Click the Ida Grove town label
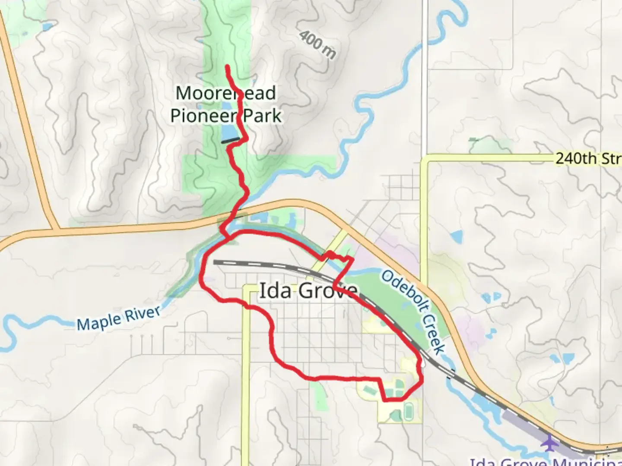[x=308, y=291]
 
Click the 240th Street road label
[x=587, y=158]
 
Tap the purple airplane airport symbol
[x=549, y=443]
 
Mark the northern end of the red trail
[x=227, y=66]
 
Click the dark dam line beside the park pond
[x=231, y=140]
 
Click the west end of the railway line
[x=215, y=261]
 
